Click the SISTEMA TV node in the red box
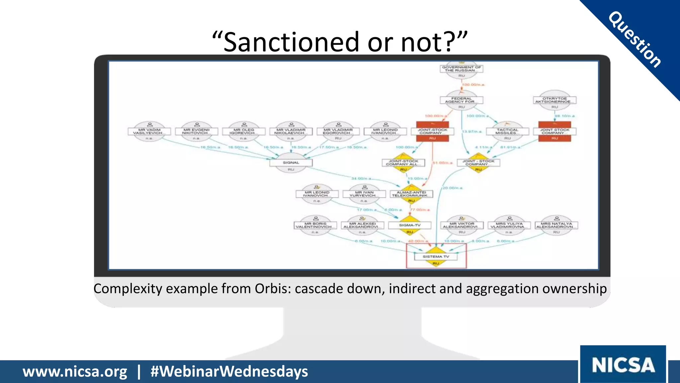pos(436,256)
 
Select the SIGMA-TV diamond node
pos(410,225)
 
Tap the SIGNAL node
pos(291,163)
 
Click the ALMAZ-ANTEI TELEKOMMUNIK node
pos(411,194)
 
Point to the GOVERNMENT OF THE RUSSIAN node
pos(462,69)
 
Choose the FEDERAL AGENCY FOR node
pos(462,100)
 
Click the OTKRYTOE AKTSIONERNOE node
pos(555,100)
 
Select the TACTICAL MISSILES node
pos(507,131)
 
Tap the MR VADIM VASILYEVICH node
pos(149,131)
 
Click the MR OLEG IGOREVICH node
pos(244,131)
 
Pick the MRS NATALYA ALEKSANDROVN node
pos(556,225)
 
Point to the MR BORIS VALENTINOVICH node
pos(315,225)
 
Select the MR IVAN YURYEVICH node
pos(364,194)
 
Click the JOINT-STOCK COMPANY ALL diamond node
pos(403,163)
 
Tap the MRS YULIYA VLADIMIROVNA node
pos(509,225)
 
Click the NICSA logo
pos(623,365)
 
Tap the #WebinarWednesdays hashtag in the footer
pos(229,371)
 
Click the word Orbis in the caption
pos(272,289)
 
